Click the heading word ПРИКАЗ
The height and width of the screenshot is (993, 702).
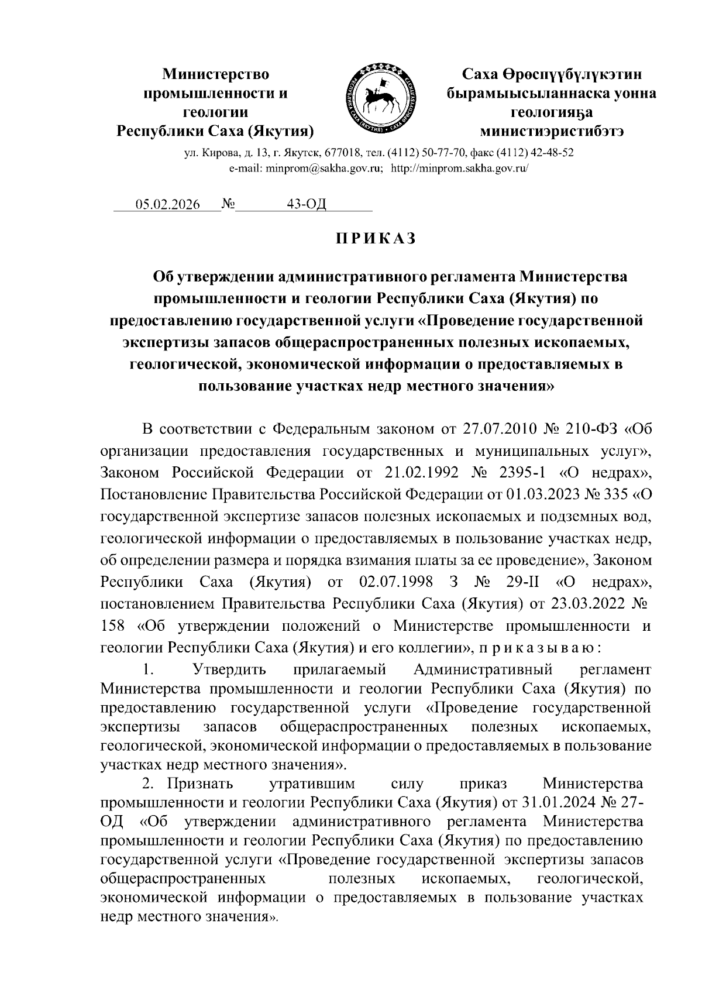(375, 239)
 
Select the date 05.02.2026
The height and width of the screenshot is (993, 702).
(167, 204)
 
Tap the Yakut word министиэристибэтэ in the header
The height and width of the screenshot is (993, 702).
(551, 130)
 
